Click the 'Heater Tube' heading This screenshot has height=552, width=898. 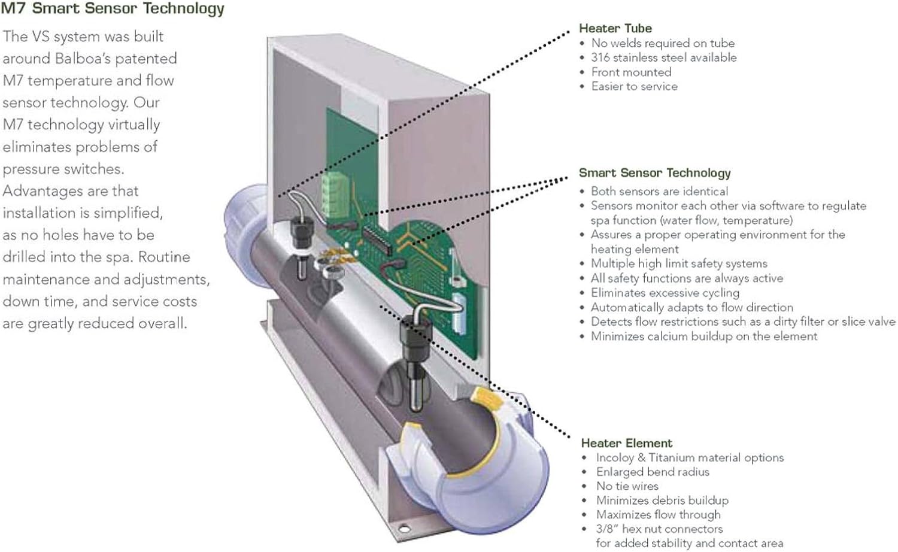click(615, 28)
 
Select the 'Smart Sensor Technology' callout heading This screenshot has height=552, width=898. click(654, 173)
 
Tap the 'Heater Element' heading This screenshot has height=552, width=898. click(626, 443)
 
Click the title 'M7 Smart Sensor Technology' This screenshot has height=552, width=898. click(113, 8)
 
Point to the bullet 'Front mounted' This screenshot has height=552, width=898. click(631, 72)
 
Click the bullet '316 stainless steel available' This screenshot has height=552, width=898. click(663, 57)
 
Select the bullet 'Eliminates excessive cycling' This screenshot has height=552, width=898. click(665, 293)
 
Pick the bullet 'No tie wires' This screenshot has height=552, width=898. click(627, 486)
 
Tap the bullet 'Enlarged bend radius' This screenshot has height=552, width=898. click(652, 472)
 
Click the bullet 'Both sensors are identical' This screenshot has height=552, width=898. click(659, 191)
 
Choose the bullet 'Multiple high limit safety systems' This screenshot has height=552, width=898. click(678, 263)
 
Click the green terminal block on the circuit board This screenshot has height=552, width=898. click(333, 190)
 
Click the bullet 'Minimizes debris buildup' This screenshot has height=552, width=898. click(662, 501)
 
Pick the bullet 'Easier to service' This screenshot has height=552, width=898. click(634, 86)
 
